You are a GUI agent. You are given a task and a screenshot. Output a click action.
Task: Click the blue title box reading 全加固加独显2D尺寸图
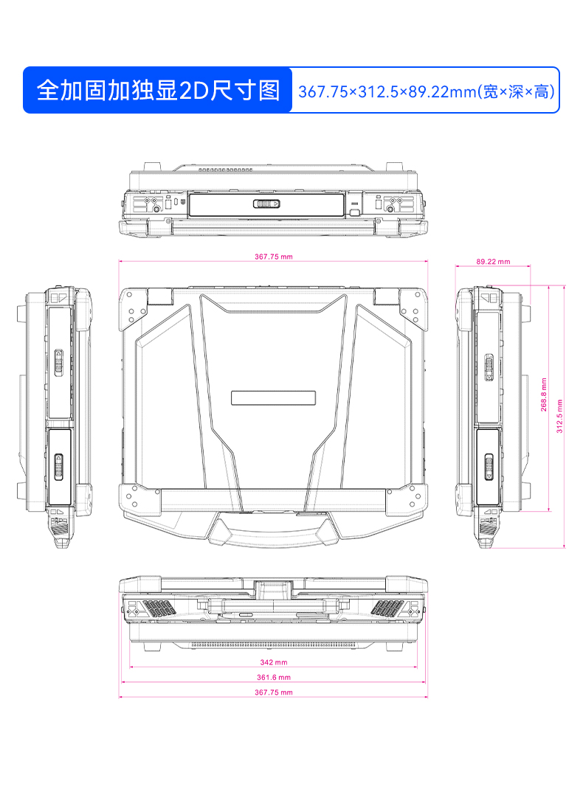(158, 90)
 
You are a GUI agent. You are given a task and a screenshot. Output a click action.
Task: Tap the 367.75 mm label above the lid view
(274, 257)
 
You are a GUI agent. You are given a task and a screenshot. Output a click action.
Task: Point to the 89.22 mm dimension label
(493, 261)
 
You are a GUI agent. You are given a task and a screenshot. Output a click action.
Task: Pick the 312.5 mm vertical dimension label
(559, 416)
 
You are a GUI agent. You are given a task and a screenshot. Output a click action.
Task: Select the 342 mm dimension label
(274, 662)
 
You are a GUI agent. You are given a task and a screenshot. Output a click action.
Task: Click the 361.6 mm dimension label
(274, 677)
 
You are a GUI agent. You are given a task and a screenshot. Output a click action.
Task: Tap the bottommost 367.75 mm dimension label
(274, 692)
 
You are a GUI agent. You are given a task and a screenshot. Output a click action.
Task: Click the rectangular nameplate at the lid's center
(273, 397)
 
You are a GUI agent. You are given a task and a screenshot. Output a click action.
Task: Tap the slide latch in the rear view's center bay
(266, 205)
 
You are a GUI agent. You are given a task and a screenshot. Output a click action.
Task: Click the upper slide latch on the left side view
(60, 362)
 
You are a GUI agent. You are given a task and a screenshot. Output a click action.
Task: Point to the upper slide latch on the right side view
(488, 366)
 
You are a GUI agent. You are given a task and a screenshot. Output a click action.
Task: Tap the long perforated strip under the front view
(274, 644)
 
